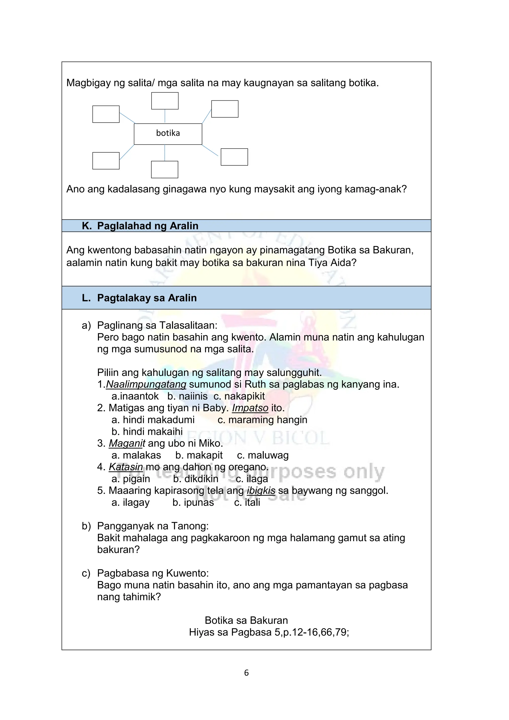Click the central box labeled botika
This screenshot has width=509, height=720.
pyautogui.click(x=168, y=134)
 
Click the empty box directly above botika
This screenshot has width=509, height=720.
pyautogui.click(x=165, y=101)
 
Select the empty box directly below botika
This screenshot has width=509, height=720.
pyautogui.click(x=165, y=169)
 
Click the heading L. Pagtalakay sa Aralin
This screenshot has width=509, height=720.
pyautogui.click(x=139, y=298)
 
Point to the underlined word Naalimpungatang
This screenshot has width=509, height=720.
pyautogui.click(x=146, y=384)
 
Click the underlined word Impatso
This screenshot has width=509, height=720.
pyautogui.click(x=250, y=408)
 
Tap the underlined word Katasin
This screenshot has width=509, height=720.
pyautogui.click(x=126, y=467)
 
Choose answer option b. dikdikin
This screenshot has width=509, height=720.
pyautogui.click(x=196, y=479)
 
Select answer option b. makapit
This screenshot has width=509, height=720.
pyautogui.click(x=199, y=455)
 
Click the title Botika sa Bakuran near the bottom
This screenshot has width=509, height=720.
pyautogui.click(x=246, y=620)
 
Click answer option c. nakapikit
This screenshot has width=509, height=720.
pyautogui.click(x=239, y=396)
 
